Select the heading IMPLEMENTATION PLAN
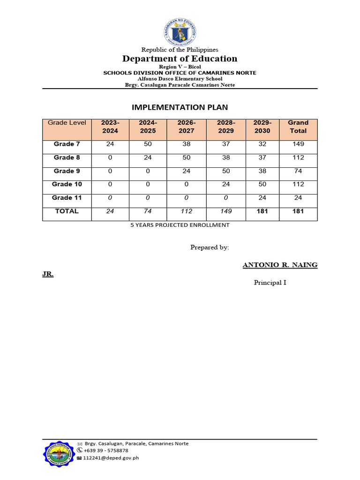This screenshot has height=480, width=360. click(x=180, y=107)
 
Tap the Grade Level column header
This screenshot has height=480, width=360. click(x=67, y=123)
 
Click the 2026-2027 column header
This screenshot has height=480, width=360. click(x=186, y=127)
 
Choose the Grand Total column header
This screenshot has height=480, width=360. click(x=298, y=127)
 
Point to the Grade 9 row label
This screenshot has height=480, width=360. click(x=67, y=171)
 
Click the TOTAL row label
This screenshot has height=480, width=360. click(x=67, y=211)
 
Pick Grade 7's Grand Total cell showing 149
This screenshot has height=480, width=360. click(x=298, y=144)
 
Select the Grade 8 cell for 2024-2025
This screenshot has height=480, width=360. click(x=148, y=157)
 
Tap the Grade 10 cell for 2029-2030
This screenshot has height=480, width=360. click(x=262, y=184)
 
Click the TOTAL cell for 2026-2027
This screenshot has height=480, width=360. click(x=186, y=211)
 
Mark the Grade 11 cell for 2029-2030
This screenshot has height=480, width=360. click(x=262, y=198)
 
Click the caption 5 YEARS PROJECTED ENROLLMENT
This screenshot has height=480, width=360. click(x=180, y=225)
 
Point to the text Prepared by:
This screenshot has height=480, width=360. click(x=210, y=247)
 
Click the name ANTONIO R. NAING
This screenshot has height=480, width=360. click(x=280, y=265)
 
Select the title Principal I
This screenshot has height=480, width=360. click(x=270, y=283)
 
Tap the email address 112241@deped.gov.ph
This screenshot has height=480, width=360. click(x=111, y=458)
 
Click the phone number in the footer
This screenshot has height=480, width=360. click(x=106, y=450)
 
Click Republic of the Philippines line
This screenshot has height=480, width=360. click(x=180, y=50)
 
